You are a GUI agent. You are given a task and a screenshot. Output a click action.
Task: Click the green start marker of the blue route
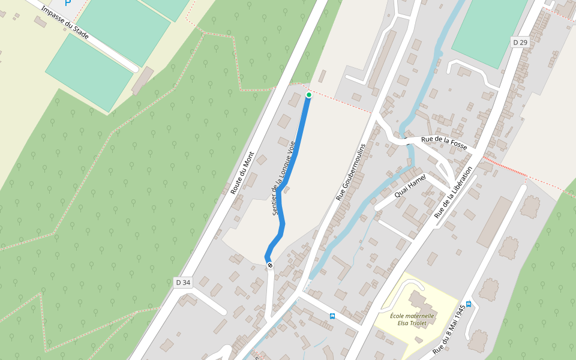click(x=309, y=95)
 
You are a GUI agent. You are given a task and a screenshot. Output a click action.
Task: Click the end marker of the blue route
click(x=271, y=265)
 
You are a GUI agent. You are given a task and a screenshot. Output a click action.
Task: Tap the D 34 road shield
click(x=183, y=282)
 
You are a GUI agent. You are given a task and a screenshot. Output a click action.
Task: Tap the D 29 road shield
click(x=520, y=42)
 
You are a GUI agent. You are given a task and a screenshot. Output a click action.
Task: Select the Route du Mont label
click(x=242, y=173)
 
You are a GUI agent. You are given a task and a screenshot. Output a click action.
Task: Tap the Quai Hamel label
click(x=410, y=186)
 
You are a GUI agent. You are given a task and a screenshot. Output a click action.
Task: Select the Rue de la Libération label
click(x=454, y=192)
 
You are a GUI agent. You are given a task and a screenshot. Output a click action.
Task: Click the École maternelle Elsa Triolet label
click(x=412, y=319)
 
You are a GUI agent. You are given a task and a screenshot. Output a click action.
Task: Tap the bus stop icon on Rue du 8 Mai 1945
click(x=469, y=304)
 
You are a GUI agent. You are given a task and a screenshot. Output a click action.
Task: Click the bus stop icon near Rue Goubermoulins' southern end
click(x=332, y=316)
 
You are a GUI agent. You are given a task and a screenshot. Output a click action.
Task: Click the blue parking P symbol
click(x=68, y=2)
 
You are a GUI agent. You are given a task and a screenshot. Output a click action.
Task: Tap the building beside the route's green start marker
click(x=295, y=99)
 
